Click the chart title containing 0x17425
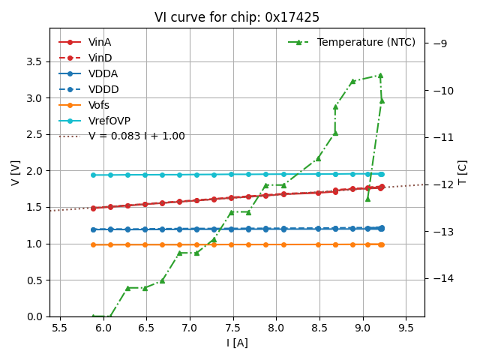(237, 17)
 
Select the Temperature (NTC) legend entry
(366, 42)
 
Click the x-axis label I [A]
(237, 343)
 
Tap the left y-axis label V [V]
(16, 172)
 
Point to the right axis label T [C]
(463, 172)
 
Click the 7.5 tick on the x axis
(232, 328)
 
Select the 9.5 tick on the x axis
(406, 328)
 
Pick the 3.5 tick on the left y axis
(35, 61)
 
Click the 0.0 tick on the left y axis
(35, 316)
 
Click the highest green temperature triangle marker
(380, 75)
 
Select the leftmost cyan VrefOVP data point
(93, 175)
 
